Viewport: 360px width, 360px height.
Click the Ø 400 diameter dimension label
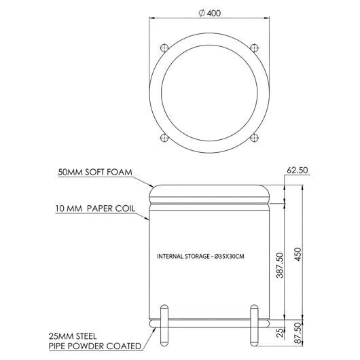tap(210, 13)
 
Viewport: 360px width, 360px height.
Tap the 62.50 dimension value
tap(298, 170)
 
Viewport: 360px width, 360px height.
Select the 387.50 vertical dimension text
tap(280, 265)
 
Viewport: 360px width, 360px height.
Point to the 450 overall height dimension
tap(298, 254)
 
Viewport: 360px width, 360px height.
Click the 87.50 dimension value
tap(298, 333)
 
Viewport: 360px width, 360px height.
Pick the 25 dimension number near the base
tap(280, 332)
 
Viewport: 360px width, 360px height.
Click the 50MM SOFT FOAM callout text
tap(95, 172)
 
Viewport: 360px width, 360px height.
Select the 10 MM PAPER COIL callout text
tap(95, 209)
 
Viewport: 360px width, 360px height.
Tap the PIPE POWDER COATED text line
tap(95, 346)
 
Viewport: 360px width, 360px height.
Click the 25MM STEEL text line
tap(73, 336)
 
